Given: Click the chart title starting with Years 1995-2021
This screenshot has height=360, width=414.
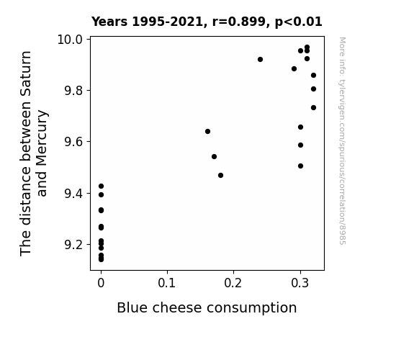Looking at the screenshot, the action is click(207, 22).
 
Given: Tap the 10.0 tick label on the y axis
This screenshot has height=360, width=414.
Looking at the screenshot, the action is click(70, 40).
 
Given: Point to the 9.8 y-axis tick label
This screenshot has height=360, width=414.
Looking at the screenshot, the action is click(73, 91).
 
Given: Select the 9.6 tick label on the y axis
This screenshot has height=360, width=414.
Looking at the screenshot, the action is click(73, 142).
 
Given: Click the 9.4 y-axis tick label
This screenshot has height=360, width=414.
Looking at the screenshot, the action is click(73, 194).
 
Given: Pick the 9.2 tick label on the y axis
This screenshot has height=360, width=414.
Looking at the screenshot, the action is click(73, 245).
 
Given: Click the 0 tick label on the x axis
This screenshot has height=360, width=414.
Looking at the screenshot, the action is click(101, 283).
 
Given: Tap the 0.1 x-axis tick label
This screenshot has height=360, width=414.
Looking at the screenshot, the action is click(167, 283).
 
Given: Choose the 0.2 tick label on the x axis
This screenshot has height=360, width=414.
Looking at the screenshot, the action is click(233, 283).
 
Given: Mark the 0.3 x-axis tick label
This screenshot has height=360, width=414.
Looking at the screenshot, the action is click(300, 283).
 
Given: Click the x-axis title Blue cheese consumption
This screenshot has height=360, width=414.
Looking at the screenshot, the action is click(207, 308).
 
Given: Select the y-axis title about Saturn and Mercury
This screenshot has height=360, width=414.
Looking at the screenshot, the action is click(34, 153).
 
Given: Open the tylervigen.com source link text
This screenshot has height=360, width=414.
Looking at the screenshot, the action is click(342, 141).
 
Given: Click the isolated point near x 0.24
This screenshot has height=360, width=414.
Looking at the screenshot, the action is click(260, 60).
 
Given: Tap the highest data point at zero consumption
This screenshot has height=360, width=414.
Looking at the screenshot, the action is click(101, 186).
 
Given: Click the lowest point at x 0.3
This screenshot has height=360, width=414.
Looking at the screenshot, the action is click(300, 166).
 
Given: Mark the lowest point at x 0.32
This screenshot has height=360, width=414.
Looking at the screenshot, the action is click(313, 107).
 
